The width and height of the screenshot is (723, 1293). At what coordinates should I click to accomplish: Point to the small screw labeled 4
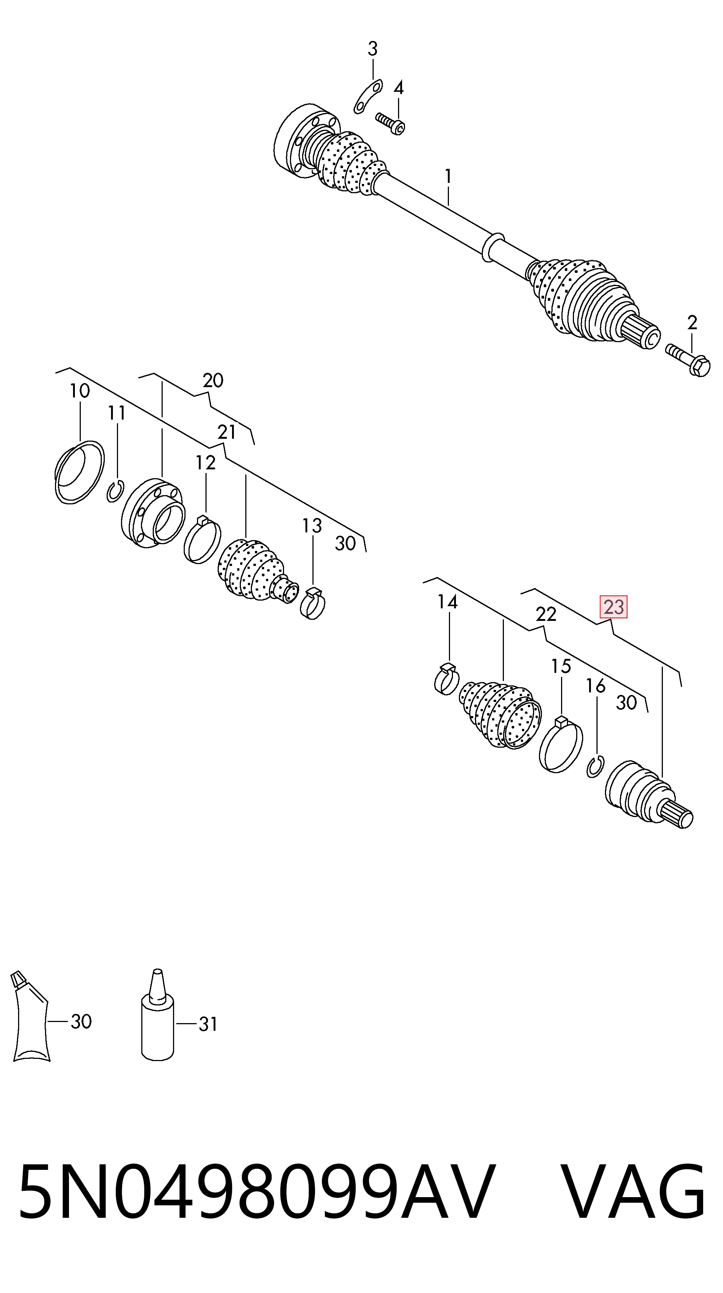tap(391, 124)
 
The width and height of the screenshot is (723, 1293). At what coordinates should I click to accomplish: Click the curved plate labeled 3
tap(367, 97)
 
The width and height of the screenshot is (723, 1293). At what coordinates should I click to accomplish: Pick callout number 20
tap(213, 380)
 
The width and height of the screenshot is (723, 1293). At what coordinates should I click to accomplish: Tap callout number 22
tap(546, 614)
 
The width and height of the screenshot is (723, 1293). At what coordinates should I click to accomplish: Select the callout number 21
tap(226, 432)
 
